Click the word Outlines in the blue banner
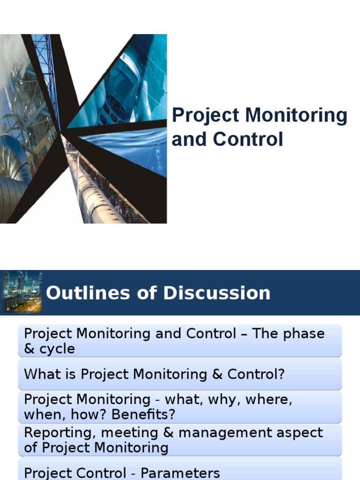tap(78, 293)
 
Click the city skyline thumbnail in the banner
tap(22, 292)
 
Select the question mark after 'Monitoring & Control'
tap(282, 374)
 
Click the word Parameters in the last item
tap(180, 472)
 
